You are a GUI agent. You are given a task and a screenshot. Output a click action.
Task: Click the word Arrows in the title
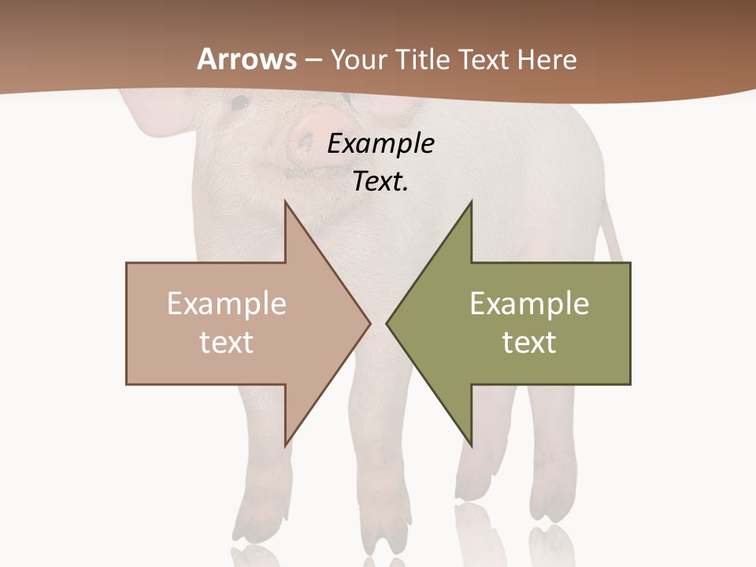coord(247,59)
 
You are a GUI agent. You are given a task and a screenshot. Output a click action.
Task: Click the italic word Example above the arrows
coord(380,143)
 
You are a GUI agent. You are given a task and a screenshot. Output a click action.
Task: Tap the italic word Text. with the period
coord(380,181)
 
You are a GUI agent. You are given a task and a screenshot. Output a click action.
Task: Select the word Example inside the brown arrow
coord(227,304)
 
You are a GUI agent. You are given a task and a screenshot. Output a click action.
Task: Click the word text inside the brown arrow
coord(227,342)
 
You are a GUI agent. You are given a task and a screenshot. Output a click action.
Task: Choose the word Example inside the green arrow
coord(529,304)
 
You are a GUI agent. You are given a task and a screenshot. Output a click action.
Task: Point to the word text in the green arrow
coord(529,342)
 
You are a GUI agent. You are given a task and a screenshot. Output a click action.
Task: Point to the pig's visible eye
coord(239,102)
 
